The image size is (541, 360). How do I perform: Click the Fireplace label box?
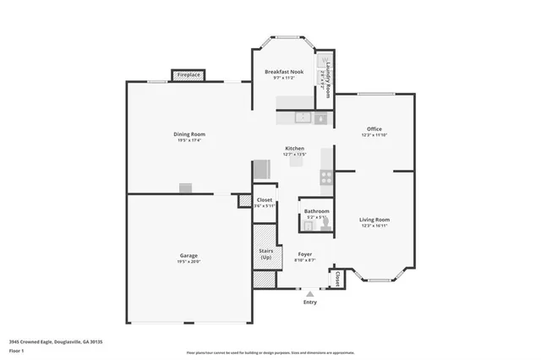(189, 75)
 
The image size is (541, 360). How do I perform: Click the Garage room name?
(189, 255)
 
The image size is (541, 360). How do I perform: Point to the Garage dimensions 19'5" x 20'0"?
(189, 262)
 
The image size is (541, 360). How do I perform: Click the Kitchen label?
(294, 148)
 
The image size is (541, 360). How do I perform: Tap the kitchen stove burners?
(325, 177)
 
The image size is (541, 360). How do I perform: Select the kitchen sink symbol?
(321, 119)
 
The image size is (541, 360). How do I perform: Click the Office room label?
(374, 129)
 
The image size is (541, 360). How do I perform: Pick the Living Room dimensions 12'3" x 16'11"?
(374, 226)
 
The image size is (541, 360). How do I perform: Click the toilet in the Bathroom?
(322, 223)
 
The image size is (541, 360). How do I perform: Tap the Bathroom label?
(317, 210)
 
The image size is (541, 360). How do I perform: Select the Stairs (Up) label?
(265, 254)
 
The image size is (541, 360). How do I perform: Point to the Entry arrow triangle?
(309, 292)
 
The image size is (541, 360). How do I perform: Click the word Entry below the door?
(310, 302)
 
